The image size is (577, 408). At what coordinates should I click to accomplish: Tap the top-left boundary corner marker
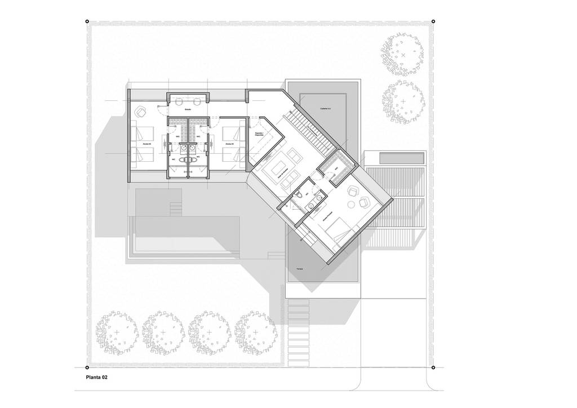pos(87,22)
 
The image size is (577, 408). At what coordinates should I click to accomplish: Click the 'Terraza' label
pos(299,270)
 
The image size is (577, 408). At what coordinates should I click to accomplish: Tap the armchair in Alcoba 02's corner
pos(140,110)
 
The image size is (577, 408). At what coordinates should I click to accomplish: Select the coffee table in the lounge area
pos(278,168)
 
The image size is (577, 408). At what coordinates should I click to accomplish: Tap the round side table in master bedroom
pos(354,190)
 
